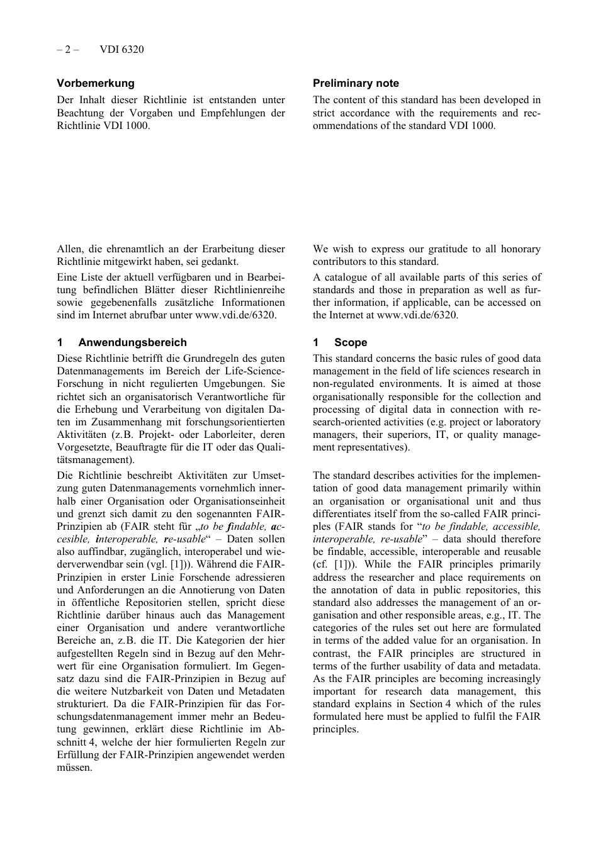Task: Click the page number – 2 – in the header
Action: pyautogui.click(x=67, y=49)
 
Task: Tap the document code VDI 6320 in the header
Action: pyautogui.click(x=121, y=49)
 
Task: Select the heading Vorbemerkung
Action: pyautogui.click(x=96, y=83)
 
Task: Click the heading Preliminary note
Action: pyautogui.click(x=356, y=83)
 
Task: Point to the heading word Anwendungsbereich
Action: pyautogui.click(x=132, y=342)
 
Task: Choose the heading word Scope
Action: pyautogui.click(x=351, y=342)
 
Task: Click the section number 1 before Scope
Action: pyautogui.click(x=316, y=342)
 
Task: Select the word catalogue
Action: pyautogui.click(x=346, y=277)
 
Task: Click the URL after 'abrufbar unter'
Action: pyautogui.click(x=235, y=315)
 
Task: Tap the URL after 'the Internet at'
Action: pyautogui.click(x=417, y=315)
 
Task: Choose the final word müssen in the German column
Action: pyautogui.click(x=74, y=767)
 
